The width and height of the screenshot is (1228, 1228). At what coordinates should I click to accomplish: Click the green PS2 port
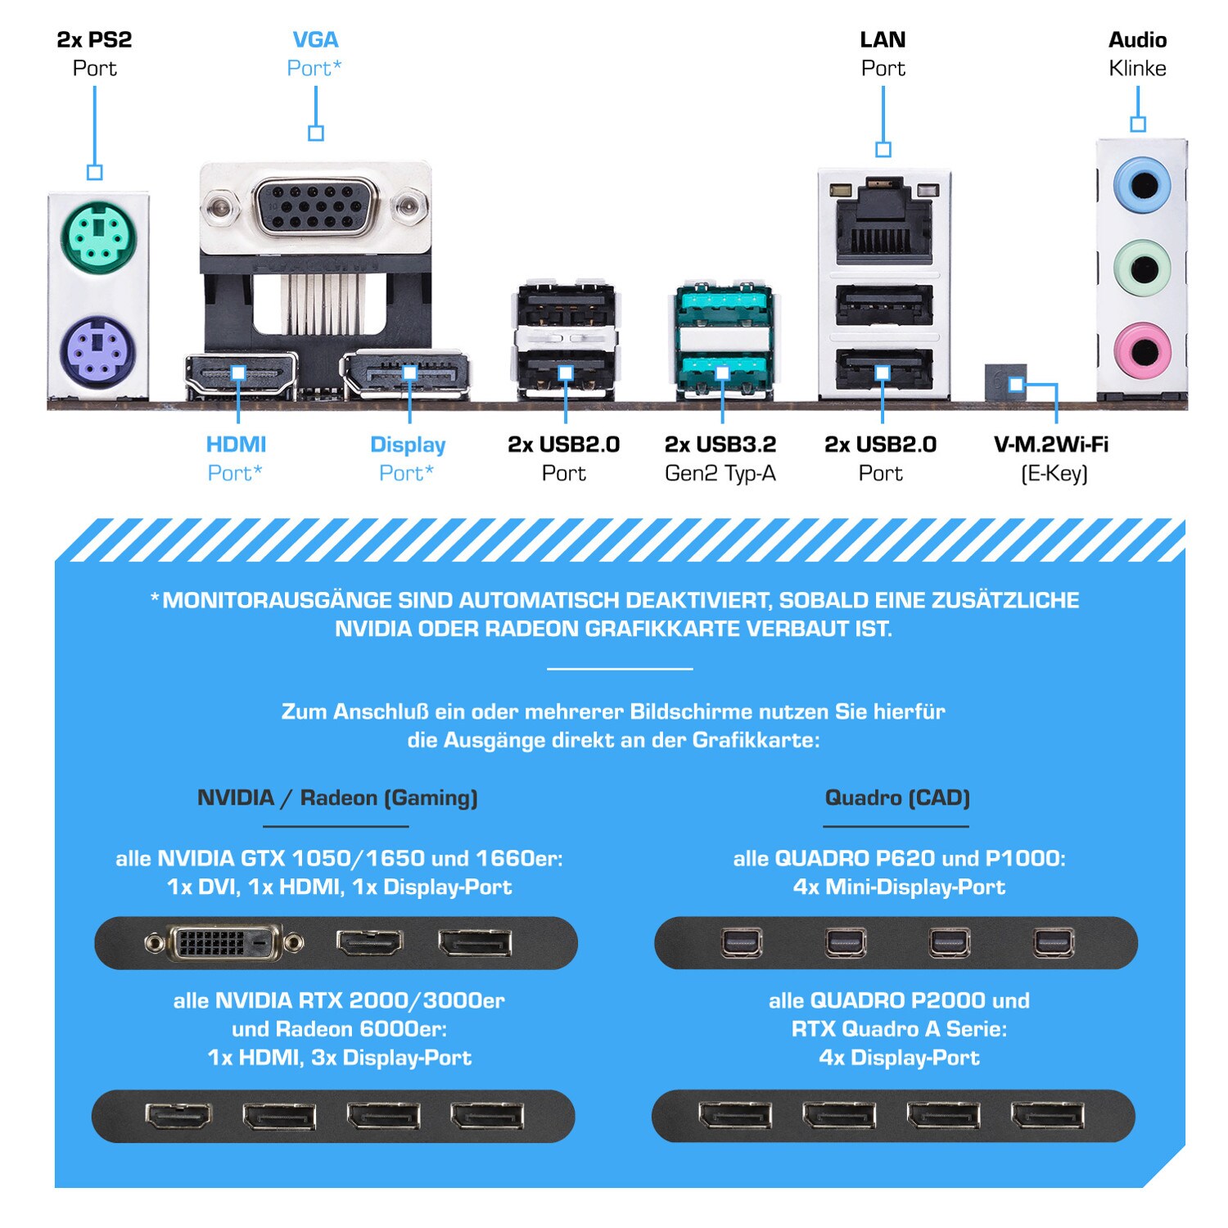[x=98, y=237]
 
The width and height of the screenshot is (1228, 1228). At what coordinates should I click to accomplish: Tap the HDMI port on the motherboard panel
[x=240, y=375]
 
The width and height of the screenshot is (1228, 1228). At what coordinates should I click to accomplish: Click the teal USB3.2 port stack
[x=724, y=341]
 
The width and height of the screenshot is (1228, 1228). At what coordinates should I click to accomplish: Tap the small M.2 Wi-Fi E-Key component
[x=1005, y=382]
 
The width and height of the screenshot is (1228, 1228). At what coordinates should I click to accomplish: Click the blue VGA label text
[x=315, y=39]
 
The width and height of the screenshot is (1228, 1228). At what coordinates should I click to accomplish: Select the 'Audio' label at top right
[x=1137, y=39]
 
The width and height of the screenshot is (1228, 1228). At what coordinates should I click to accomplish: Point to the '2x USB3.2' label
[x=720, y=445]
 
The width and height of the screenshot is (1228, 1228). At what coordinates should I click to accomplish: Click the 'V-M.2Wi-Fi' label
[x=1051, y=445]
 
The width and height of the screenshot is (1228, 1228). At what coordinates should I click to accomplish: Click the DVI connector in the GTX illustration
[x=224, y=943]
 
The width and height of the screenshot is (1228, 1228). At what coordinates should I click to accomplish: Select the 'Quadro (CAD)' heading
[x=897, y=798]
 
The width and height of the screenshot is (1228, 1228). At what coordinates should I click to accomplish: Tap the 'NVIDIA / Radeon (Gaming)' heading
[x=337, y=798]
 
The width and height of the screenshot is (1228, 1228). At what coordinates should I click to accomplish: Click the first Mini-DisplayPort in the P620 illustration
[x=742, y=943]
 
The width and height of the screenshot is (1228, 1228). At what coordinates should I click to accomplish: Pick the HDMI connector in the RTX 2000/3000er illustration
[x=178, y=1115]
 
